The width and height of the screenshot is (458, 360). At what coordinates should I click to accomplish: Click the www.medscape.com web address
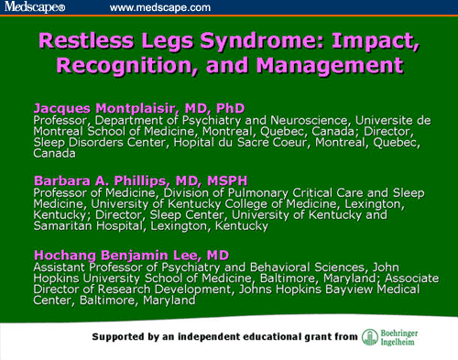(x=159, y=7)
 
